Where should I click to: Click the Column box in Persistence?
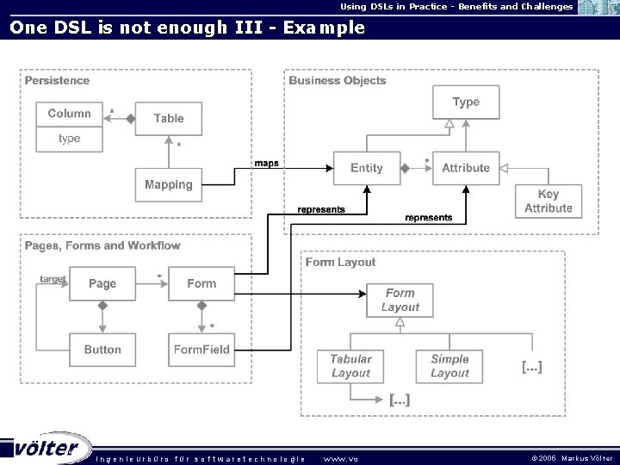(69, 115)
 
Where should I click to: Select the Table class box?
(169, 119)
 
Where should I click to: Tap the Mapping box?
(169, 184)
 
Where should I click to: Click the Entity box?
(367, 168)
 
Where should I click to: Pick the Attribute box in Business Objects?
(466, 168)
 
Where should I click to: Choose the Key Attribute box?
(549, 201)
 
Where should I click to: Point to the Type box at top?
(466, 102)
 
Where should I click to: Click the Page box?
(102, 283)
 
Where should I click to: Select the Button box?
(102, 350)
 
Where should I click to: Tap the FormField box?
(201, 350)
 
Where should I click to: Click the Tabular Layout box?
(350, 366)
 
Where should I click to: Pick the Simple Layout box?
(449, 366)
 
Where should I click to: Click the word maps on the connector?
(266, 164)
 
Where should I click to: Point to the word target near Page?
(53, 279)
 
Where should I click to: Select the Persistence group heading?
(57, 80)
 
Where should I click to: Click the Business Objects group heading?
(338, 80)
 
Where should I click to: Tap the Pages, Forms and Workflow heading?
(102, 245)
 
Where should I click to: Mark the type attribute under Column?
(69, 138)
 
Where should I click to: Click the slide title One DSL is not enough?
(187, 28)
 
